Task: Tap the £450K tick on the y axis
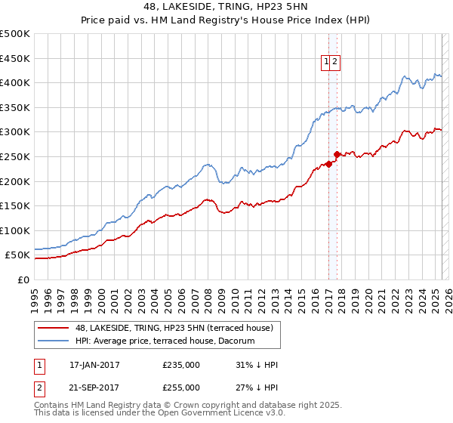(x=15, y=58)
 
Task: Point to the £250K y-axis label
(x=15, y=156)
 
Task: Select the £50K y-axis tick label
(x=18, y=255)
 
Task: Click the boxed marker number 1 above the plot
(x=327, y=63)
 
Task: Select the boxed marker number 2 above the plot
(x=335, y=63)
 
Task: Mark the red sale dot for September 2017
(x=337, y=154)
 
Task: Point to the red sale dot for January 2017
(x=328, y=164)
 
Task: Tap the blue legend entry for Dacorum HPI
(x=165, y=341)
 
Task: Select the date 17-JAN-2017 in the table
(x=94, y=365)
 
